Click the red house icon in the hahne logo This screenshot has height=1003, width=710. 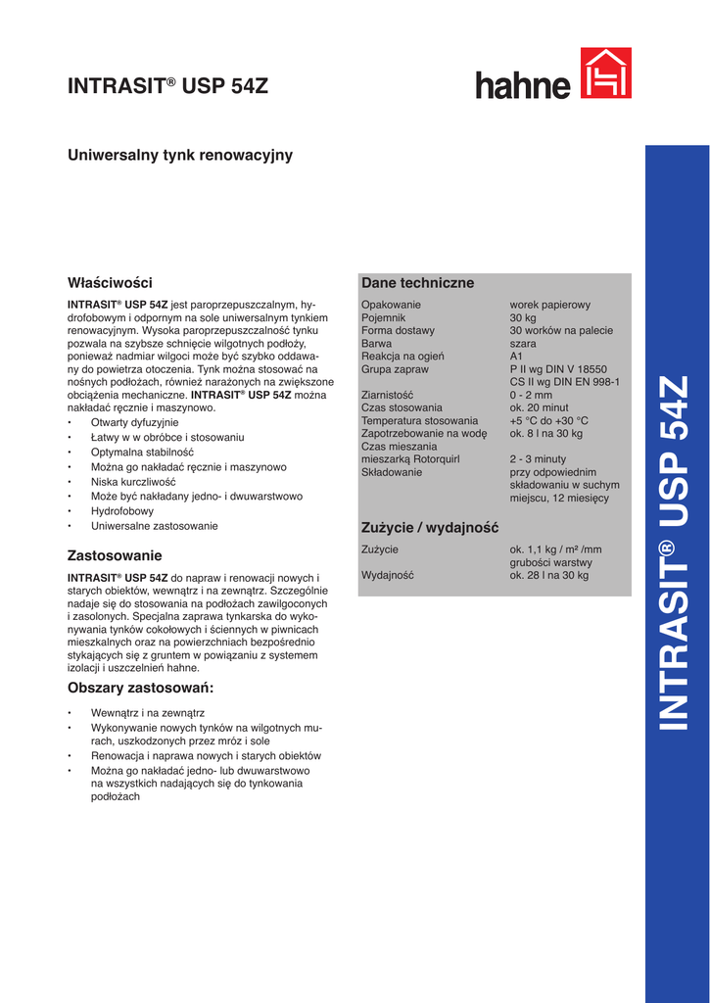point(605,73)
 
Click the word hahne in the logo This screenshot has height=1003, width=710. point(523,85)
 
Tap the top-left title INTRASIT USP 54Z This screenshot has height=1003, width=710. point(167,86)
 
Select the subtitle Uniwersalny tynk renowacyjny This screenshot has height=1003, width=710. point(179,155)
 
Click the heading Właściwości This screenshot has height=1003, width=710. point(110,283)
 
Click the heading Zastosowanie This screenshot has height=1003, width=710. point(115,555)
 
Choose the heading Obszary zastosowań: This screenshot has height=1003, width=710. point(140,688)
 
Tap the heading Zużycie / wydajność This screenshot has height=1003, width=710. point(430,528)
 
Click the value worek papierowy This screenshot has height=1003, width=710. point(549,305)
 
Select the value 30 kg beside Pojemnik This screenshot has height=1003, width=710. point(523,317)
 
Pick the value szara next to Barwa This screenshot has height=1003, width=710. point(523,344)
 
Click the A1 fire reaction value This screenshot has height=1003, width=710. point(516,357)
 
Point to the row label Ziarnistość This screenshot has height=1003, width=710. point(387,395)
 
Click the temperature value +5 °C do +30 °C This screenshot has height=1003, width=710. point(548,420)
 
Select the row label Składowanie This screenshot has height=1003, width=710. point(392,471)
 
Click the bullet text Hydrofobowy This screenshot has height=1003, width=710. point(122,511)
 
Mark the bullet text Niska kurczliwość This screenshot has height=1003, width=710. point(133,482)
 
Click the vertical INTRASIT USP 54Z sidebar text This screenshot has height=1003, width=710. point(676,553)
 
